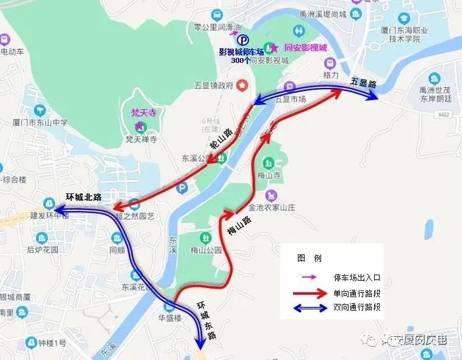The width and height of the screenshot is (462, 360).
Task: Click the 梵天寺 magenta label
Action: (143, 112)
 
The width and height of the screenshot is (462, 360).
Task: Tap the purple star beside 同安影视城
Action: (274, 48)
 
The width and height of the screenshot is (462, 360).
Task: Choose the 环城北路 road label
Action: (83, 198)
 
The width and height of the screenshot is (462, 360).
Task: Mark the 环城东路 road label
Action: (206, 319)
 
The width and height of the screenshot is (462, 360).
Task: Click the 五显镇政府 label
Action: (213, 85)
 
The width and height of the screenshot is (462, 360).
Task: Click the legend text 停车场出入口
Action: (357, 278)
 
